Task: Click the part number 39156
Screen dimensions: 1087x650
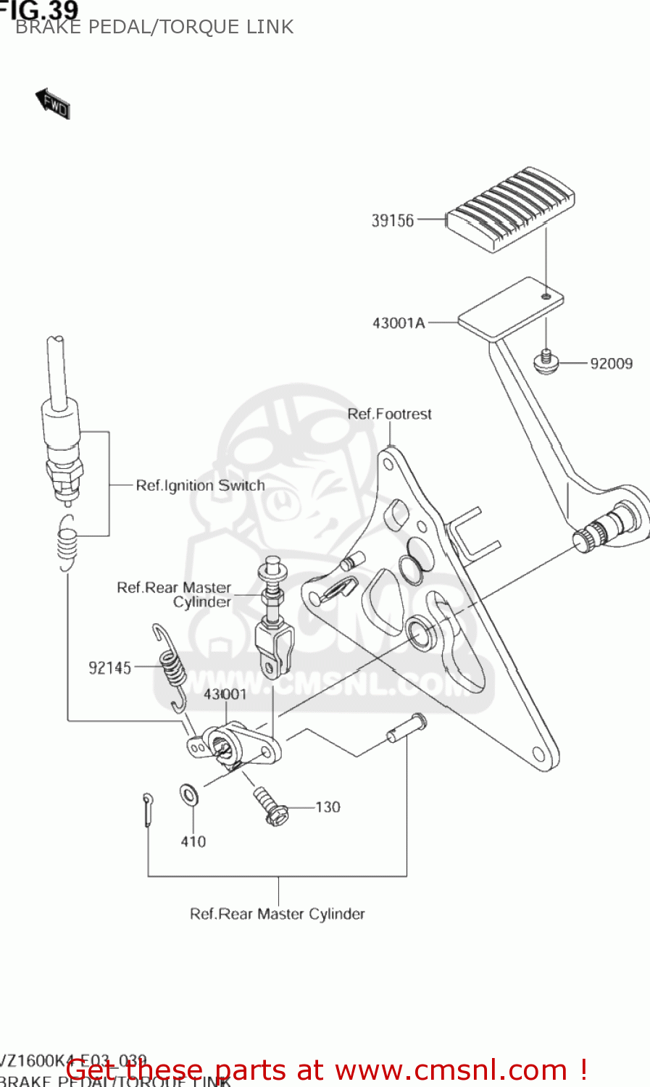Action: point(392,220)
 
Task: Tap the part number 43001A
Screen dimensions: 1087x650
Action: point(399,323)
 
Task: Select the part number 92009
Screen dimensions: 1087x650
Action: point(611,364)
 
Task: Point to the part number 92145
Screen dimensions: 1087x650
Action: point(110,668)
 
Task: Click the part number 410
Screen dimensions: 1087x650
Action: point(193,841)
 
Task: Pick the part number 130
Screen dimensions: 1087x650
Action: point(328,807)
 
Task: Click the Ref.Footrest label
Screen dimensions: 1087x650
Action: point(389,414)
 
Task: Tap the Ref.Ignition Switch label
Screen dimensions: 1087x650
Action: point(201,486)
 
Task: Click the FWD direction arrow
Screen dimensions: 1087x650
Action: point(52,104)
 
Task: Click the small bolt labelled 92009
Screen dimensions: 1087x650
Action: point(545,361)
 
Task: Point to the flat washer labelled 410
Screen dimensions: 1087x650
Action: point(189,795)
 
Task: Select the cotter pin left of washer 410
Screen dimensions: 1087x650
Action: point(148,809)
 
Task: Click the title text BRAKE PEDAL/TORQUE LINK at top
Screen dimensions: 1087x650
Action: point(154,28)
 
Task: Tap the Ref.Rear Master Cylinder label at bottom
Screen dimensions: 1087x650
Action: point(277,914)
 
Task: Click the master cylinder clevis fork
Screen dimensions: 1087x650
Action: point(275,646)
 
